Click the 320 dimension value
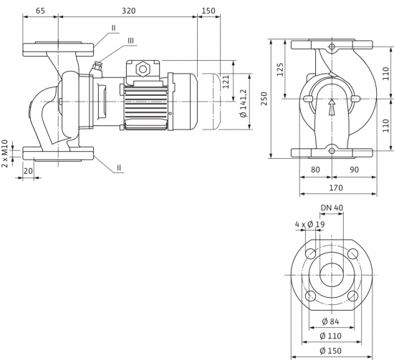click(x=129, y=11)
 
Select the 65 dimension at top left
click(x=40, y=11)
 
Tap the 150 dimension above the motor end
click(x=208, y=11)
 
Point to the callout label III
click(x=130, y=41)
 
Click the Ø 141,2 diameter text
click(x=244, y=103)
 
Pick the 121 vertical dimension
click(x=226, y=82)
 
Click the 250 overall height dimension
click(x=264, y=99)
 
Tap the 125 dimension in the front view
click(x=280, y=69)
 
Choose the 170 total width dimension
click(x=336, y=188)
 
